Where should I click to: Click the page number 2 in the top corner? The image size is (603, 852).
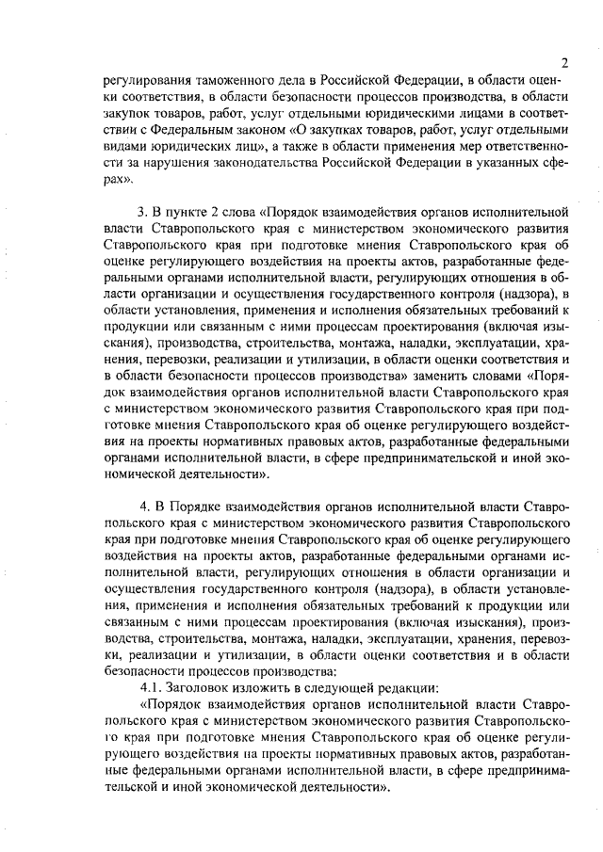562,63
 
